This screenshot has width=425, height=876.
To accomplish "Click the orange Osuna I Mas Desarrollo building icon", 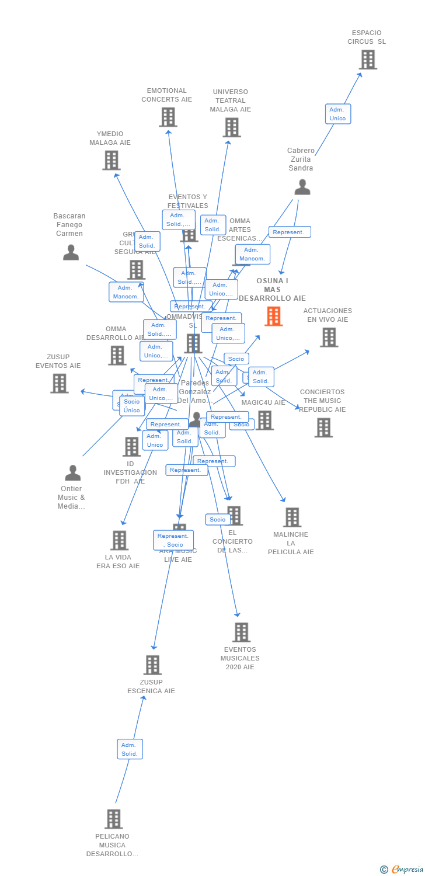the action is tap(273, 316).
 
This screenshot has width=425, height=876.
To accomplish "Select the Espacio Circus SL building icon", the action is tap(367, 60).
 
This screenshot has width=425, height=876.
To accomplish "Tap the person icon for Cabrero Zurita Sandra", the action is tap(302, 187).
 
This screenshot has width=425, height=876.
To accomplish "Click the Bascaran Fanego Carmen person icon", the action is tap(71, 252).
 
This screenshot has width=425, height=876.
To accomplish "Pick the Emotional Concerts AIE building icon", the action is tap(168, 117).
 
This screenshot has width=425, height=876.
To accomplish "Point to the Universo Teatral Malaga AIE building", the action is tap(231, 127).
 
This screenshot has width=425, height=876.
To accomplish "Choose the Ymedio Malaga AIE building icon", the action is tap(111, 160).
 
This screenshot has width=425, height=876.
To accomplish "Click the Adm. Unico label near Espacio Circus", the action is tap(337, 114).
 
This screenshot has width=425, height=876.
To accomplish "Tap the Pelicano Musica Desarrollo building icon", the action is tap(113, 819).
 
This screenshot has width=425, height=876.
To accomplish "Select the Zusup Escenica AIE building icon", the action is tap(152, 665).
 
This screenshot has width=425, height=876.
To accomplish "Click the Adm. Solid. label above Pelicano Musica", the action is tap(130, 749).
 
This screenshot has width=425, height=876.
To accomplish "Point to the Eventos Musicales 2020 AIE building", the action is tap(241, 632).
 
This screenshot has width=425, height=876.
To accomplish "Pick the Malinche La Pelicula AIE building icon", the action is tap(292, 517).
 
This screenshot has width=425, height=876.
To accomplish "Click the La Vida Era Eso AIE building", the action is tap(119, 540).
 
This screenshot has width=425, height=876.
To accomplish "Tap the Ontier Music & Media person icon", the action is tap(72, 472).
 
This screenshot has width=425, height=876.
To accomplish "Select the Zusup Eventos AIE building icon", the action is tap(59, 384).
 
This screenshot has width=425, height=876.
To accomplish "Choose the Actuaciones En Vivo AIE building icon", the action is tap(329, 337).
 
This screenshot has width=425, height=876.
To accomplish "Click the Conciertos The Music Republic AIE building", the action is tap(323, 427).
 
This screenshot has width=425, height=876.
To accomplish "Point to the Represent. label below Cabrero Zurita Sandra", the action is tap(290, 232).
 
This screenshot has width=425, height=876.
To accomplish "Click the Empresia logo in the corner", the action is tap(403, 870).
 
